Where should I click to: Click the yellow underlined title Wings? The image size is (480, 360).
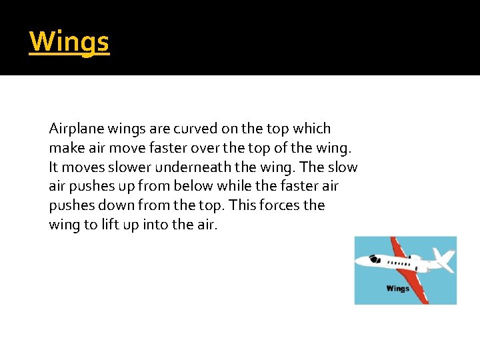pos(69,42)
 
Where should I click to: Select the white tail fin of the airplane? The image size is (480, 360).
pos(443,259)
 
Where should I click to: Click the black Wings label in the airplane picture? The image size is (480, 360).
pos(398,289)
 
